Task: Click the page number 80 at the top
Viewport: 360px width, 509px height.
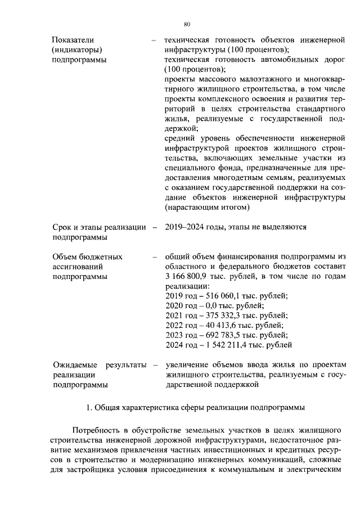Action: [187, 24]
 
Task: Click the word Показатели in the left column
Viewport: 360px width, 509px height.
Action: [73, 39]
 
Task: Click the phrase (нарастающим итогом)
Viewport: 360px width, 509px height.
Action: [206, 208]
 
